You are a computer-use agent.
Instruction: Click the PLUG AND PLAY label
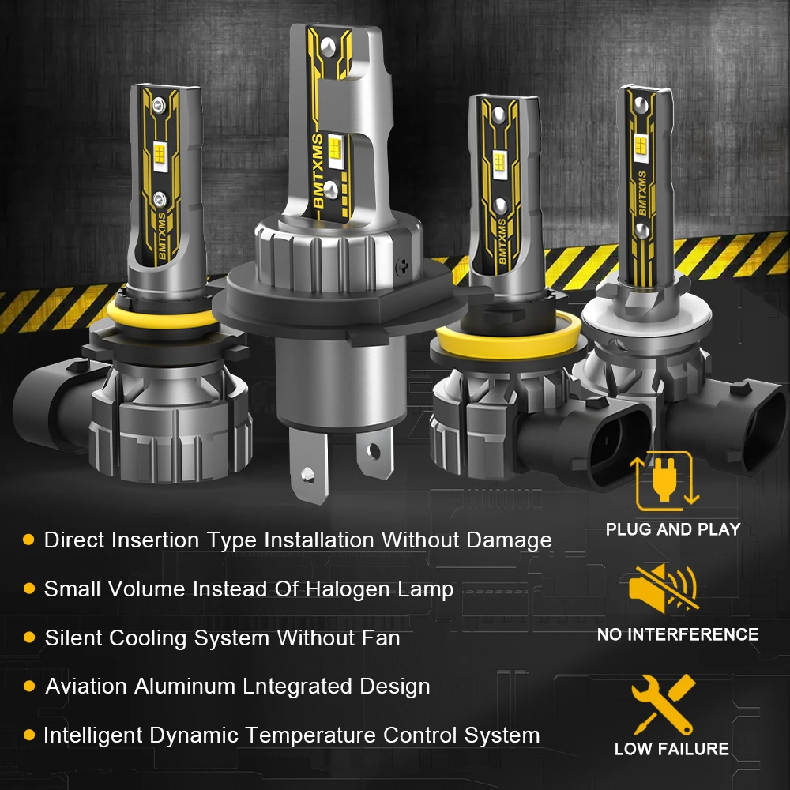point(672,529)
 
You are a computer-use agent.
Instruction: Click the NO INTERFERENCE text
point(677,634)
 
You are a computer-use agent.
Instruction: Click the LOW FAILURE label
point(671,749)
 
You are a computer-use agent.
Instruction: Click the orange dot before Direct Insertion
point(28,540)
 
